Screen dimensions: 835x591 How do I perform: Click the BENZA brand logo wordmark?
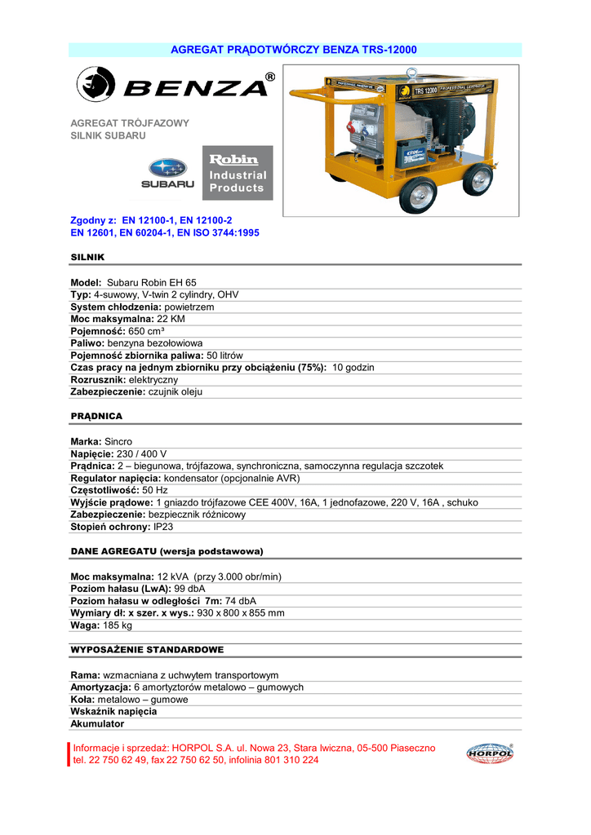click(x=194, y=86)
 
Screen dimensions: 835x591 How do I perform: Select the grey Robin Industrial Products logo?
click(x=238, y=173)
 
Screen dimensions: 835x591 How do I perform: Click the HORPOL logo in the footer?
click(x=490, y=754)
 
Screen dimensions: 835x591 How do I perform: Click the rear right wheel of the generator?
click(x=478, y=179)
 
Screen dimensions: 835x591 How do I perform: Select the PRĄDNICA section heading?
click(x=96, y=416)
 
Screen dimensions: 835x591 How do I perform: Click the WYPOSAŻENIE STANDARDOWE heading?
click(x=147, y=650)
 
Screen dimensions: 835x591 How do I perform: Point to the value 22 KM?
click(x=171, y=319)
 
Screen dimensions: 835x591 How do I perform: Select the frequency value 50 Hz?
click(x=155, y=490)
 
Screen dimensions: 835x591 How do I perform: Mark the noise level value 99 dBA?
click(x=189, y=588)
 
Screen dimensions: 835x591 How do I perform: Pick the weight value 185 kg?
click(x=118, y=625)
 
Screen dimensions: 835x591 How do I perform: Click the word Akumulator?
click(x=97, y=723)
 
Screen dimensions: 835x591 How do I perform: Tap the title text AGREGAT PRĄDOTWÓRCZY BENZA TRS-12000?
click(x=294, y=50)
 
